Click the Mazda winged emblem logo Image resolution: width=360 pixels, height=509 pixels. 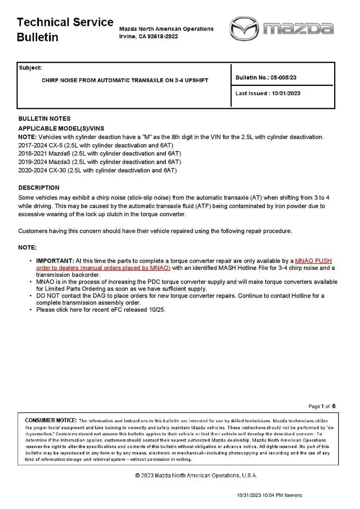click(244, 29)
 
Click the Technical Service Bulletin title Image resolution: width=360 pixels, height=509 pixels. click(65, 29)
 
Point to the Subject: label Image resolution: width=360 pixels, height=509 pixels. click(30, 68)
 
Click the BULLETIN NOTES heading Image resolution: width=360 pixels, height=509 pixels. click(44, 119)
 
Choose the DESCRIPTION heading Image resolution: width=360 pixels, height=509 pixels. click(39, 188)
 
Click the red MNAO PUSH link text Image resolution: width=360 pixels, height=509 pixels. click(313, 261)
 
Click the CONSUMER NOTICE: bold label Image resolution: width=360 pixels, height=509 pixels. click(51, 420)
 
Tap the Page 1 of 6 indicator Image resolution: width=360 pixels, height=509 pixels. click(322, 406)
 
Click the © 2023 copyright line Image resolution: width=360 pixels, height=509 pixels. click(196, 476)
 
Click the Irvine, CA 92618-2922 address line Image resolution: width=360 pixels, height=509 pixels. click(148, 36)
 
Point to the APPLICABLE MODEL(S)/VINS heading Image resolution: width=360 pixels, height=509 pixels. click(61, 128)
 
